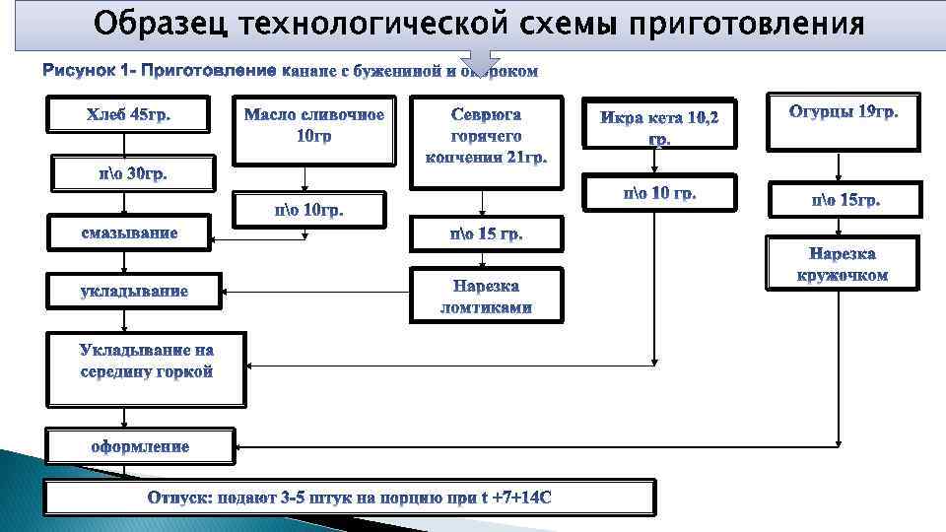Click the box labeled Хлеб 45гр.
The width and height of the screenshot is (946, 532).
click(129, 115)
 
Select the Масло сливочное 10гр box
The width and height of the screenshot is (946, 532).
click(313, 128)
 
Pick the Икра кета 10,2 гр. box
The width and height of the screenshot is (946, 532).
click(659, 124)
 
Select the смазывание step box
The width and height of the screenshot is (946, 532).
click(129, 233)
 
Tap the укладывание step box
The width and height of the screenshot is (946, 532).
click(133, 291)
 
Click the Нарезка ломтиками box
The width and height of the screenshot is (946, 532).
click(486, 296)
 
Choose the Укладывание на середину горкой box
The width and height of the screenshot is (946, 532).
click(147, 366)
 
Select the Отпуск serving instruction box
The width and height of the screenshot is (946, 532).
click(349, 498)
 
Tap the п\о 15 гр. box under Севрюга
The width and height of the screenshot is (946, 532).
click(486, 234)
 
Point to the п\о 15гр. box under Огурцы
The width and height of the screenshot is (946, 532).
click(845, 200)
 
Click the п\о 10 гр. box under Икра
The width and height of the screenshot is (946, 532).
click(659, 193)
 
